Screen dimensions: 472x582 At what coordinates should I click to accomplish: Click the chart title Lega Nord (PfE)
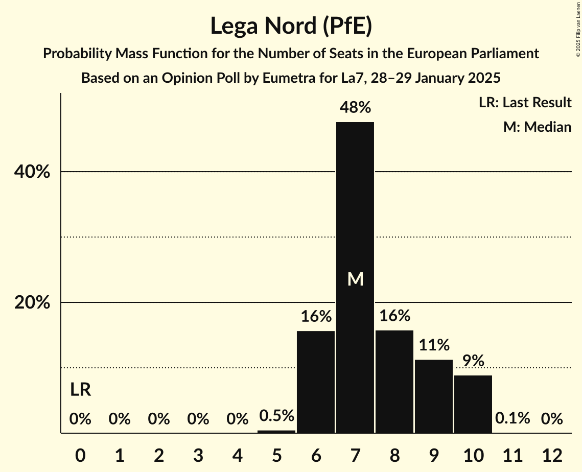(291, 26)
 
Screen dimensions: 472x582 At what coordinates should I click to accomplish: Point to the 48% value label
(355, 107)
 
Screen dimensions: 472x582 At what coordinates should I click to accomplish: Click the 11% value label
(434, 345)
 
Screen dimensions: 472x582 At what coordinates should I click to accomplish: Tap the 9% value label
(473, 361)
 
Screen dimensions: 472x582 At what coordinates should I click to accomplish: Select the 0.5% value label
(276, 416)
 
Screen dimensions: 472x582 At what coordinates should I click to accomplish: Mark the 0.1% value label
(513, 418)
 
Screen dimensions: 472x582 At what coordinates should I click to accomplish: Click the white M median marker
(355, 279)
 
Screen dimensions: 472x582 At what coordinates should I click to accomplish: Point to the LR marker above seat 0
(80, 390)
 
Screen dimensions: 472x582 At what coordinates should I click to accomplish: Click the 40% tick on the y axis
(32, 172)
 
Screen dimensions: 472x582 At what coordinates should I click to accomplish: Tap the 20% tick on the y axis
(32, 303)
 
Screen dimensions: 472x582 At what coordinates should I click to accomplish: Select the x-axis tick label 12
(552, 454)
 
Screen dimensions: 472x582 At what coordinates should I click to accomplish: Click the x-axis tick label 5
(276, 454)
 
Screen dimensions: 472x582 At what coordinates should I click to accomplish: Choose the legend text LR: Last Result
(525, 103)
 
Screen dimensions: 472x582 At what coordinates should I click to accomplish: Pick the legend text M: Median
(537, 127)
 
